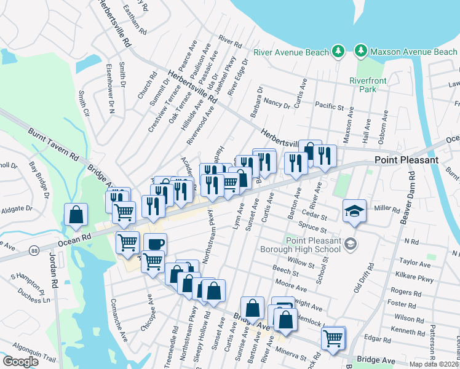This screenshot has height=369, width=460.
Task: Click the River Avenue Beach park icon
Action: (337, 52)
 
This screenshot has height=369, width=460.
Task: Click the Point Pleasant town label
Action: (406, 160)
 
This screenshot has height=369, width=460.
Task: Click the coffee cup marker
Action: (154, 244)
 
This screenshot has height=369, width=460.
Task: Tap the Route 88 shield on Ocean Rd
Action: (33, 250)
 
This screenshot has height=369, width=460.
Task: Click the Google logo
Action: (21, 361)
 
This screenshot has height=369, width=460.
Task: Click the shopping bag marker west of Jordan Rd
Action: (76, 215)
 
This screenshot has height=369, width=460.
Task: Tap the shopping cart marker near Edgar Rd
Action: (333, 338)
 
